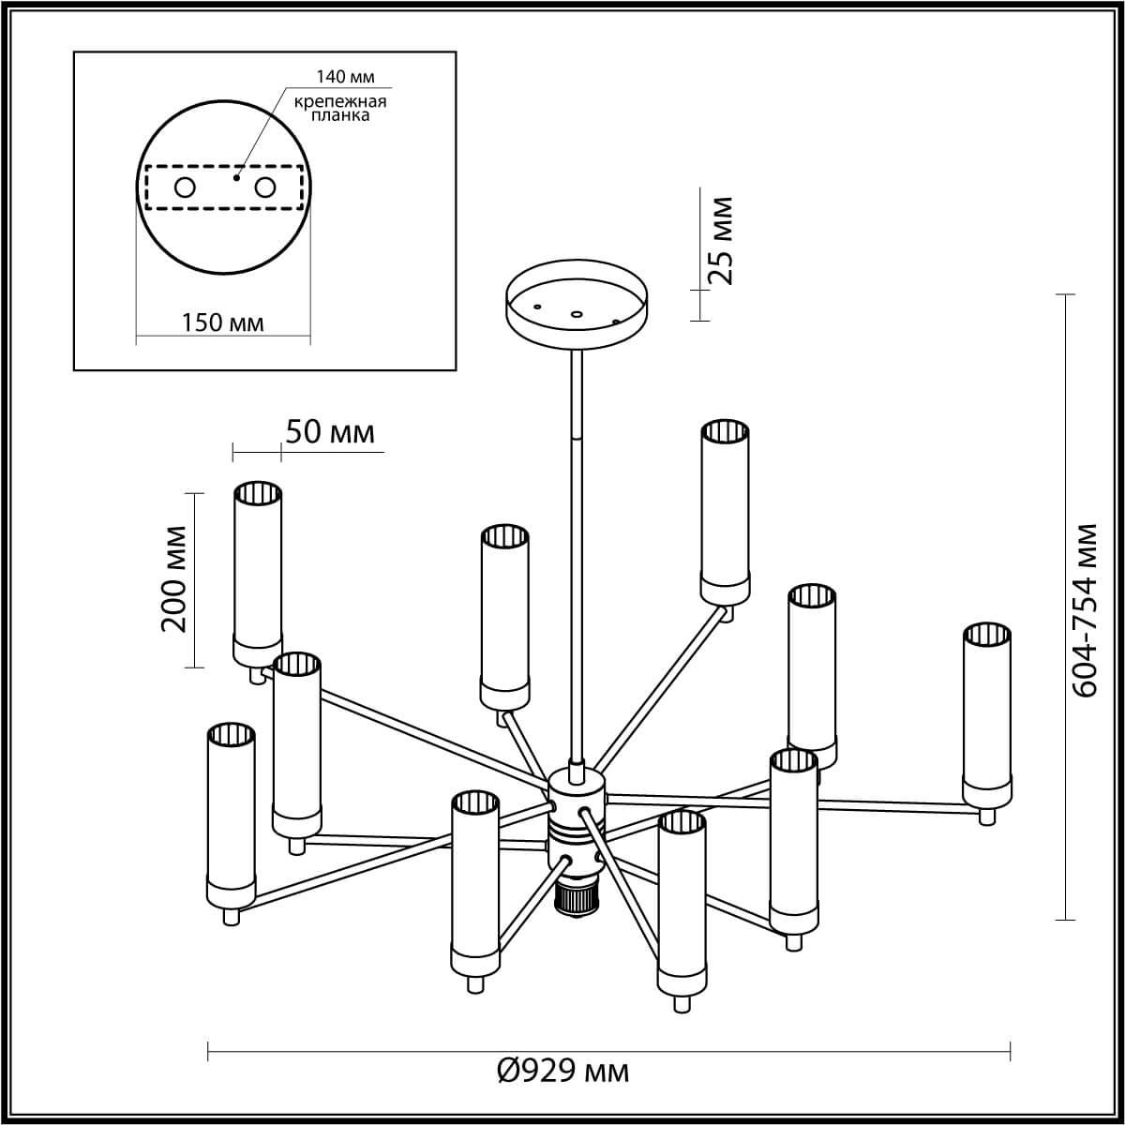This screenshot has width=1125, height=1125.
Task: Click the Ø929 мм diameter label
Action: [x=562, y=1071]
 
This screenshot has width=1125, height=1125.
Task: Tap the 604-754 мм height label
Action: [x=1085, y=609]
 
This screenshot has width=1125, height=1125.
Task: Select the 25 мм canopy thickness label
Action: [x=719, y=240]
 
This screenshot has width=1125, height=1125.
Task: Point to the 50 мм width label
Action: [x=330, y=432]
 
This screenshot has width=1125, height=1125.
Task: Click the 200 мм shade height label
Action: [x=174, y=578]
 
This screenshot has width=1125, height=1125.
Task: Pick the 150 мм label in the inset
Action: [x=222, y=323]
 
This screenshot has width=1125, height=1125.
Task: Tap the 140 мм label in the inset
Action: [x=345, y=77]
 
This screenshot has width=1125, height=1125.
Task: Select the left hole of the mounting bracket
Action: [x=185, y=187]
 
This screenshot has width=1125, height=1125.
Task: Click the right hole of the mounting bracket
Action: [x=265, y=187]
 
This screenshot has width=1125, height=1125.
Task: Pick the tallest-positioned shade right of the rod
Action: [x=725, y=511]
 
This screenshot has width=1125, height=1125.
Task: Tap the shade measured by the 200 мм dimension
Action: [x=258, y=572]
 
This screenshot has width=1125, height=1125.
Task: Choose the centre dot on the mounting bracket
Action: [x=236, y=176]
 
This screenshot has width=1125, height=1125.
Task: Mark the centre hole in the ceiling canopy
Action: [x=577, y=314]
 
